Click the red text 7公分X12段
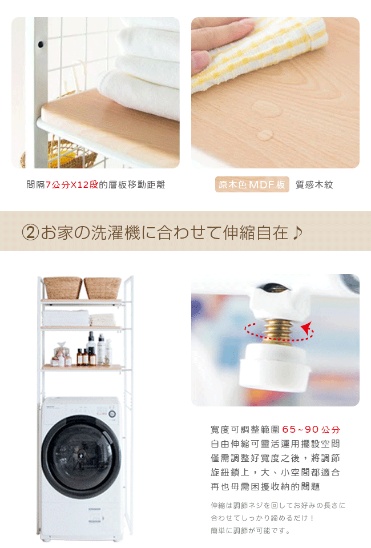point(72,184)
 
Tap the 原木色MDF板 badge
point(252,184)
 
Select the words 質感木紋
point(314,184)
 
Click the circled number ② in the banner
point(30,232)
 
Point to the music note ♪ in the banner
point(297,232)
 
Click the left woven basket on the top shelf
point(63,288)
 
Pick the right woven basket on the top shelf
point(102,288)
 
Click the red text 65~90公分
point(311,429)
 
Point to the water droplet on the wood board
point(264,135)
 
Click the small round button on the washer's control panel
point(112,414)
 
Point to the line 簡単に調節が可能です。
point(251,530)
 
